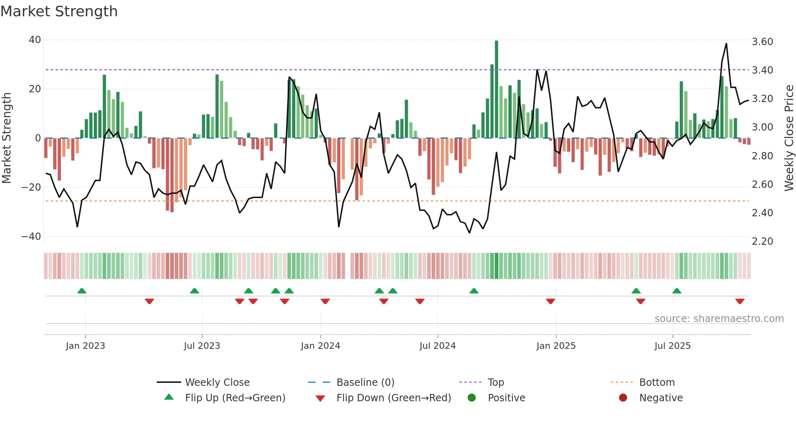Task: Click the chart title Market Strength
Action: click(x=59, y=11)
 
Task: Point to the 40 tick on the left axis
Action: click(x=35, y=40)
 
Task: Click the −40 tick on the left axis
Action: click(x=31, y=236)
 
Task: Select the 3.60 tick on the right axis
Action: click(x=762, y=42)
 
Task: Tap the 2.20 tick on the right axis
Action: click(x=762, y=241)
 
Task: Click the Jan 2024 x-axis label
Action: click(x=320, y=346)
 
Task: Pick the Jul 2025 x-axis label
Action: click(x=672, y=346)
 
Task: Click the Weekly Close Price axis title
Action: click(x=789, y=138)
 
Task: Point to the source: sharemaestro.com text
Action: click(x=719, y=319)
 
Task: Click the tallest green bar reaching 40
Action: click(x=496, y=89)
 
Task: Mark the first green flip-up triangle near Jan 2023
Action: click(x=82, y=291)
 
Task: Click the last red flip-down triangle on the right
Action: click(x=740, y=301)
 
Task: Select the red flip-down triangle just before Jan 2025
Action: click(x=550, y=301)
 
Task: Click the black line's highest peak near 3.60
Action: click(x=726, y=44)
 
